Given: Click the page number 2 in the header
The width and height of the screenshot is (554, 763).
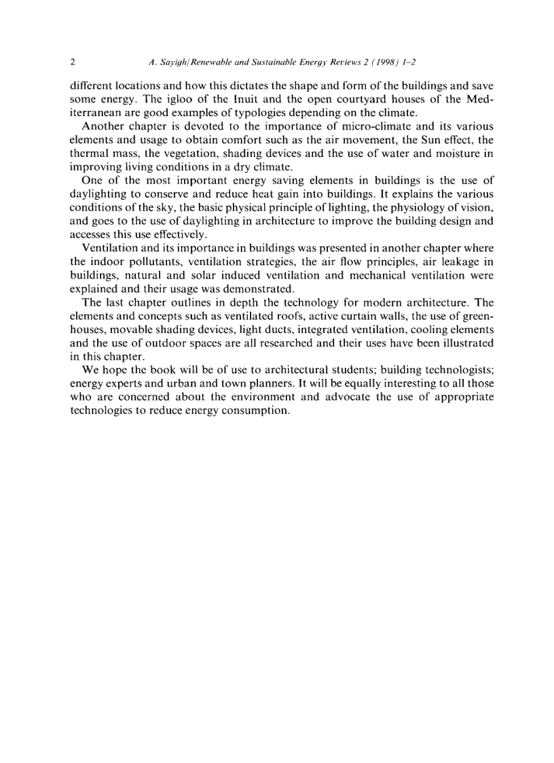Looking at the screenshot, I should point(73,62).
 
